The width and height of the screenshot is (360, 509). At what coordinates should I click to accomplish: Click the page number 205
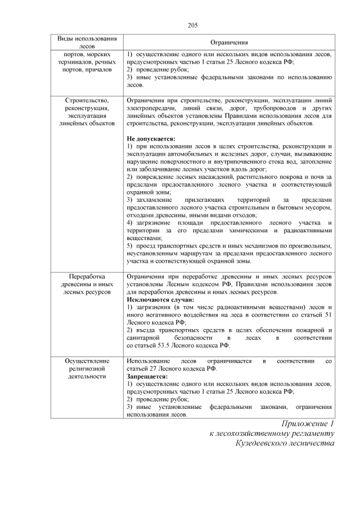(x=192, y=24)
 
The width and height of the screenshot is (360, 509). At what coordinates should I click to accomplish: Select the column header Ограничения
(x=229, y=42)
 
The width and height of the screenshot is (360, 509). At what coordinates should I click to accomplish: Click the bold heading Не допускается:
(x=151, y=138)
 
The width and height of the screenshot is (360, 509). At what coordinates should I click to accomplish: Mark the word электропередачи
(x=151, y=108)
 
